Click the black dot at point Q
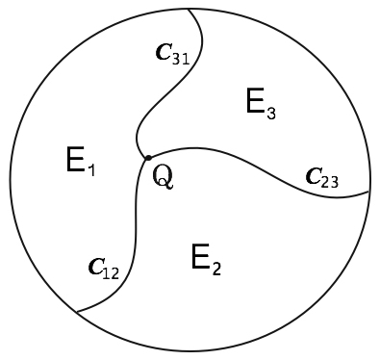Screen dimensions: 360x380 click(x=147, y=158)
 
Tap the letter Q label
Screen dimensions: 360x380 click(x=164, y=177)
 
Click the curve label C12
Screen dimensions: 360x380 click(x=101, y=270)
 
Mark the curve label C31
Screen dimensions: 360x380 click(x=170, y=55)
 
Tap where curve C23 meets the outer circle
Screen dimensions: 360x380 click(x=369, y=193)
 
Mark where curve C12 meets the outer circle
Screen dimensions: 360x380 click(x=76, y=313)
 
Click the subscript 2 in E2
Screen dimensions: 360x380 click(x=216, y=266)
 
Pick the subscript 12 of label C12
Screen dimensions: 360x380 click(x=110, y=274)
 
